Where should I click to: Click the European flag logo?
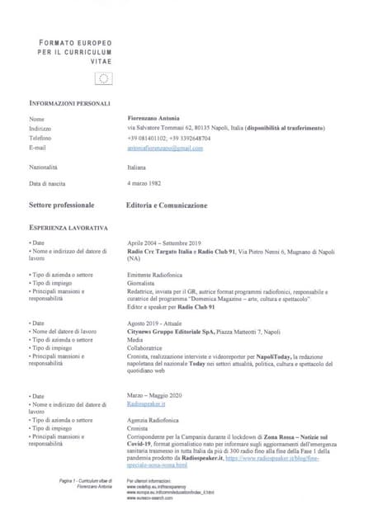[104, 78]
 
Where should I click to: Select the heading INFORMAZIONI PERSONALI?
[69, 103]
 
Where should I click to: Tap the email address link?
[165, 148]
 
